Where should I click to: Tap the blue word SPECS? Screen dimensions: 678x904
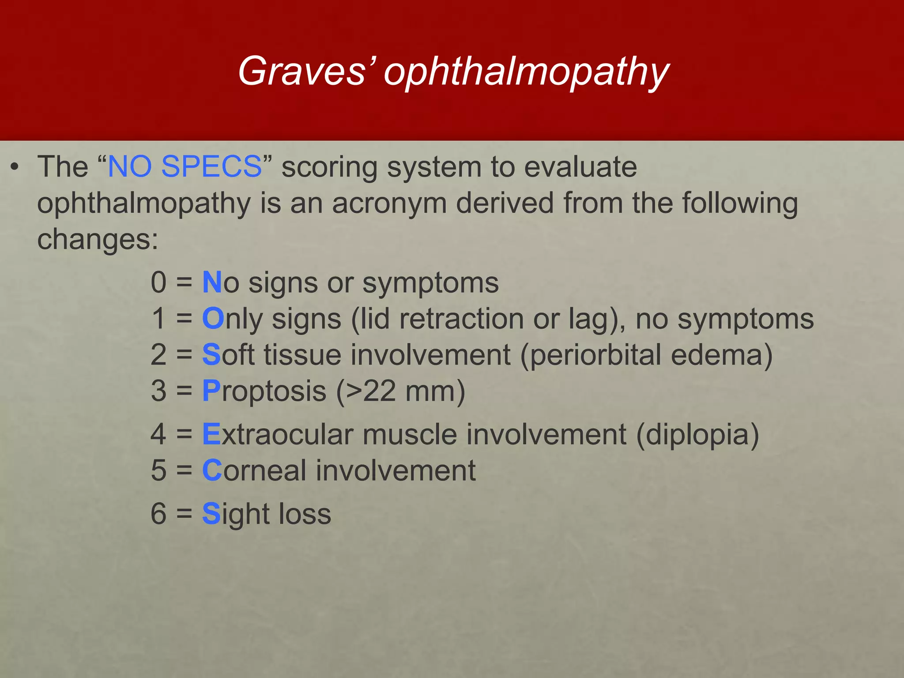click(x=211, y=167)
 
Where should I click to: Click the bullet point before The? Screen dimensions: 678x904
click(x=15, y=167)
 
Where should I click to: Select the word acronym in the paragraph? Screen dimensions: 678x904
click(x=389, y=204)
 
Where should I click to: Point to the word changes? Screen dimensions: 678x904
click(x=98, y=239)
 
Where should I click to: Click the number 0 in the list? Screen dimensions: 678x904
click(x=158, y=282)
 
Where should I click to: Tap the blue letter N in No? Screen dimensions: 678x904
click(x=211, y=282)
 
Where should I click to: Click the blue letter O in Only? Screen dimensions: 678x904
click(x=213, y=319)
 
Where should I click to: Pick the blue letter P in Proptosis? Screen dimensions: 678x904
click(x=211, y=391)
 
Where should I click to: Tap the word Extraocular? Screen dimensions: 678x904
click(x=278, y=434)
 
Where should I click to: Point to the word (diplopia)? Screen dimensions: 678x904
click(x=697, y=435)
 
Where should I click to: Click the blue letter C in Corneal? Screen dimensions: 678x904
click(x=211, y=471)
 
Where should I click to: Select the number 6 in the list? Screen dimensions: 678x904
click(x=158, y=514)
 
